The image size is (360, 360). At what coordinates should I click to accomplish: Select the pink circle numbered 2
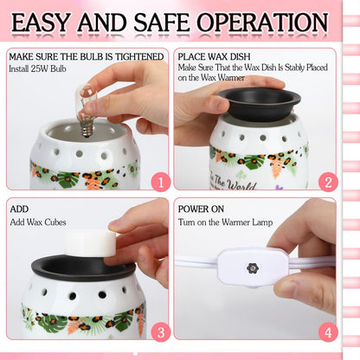[x=326, y=182]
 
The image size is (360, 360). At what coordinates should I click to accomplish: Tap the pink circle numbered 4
[x=326, y=331]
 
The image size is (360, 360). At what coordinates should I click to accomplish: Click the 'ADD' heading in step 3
[x=19, y=209]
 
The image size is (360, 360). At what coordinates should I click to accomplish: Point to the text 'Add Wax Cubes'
[x=41, y=224]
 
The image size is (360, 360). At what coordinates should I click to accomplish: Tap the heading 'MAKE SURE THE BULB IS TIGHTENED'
[x=86, y=57]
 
